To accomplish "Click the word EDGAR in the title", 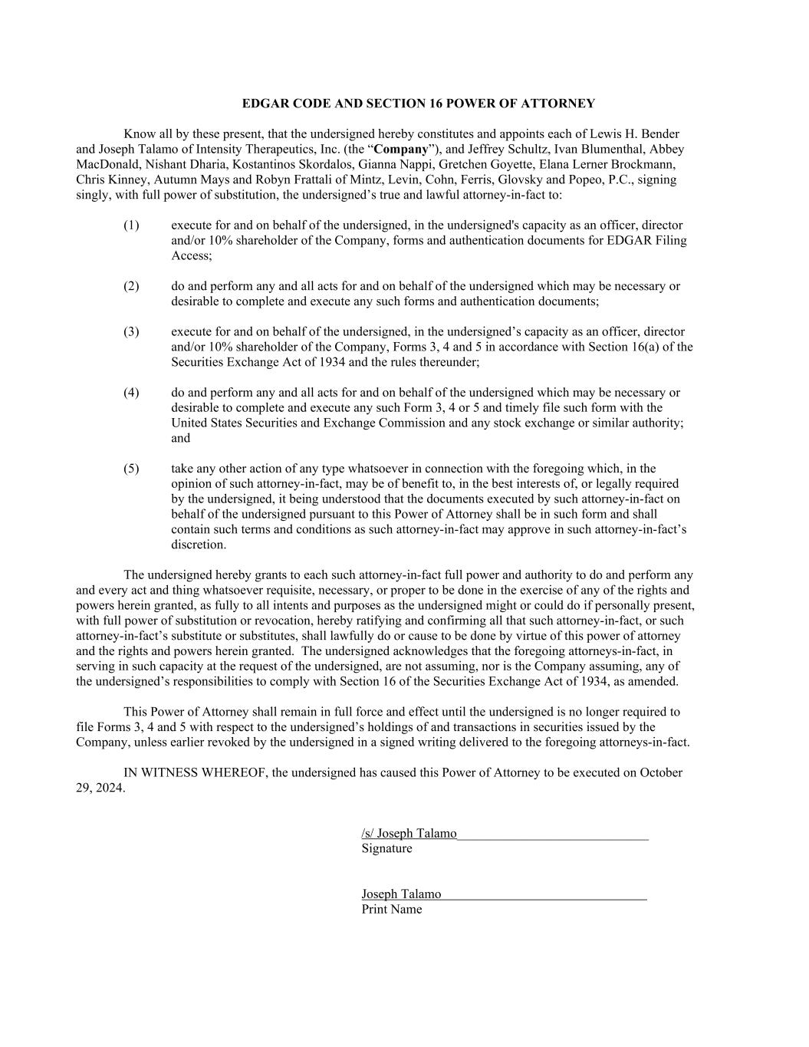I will [x=264, y=104].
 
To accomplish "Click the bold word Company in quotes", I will [x=400, y=149].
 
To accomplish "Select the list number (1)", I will [x=131, y=226].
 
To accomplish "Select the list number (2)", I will [x=131, y=286].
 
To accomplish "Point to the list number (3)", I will [x=131, y=331].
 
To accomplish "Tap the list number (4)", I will [x=131, y=393].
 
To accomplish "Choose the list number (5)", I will [x=131, y=469].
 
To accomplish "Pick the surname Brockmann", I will [x=646, y=164].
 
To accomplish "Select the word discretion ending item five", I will [x=199, y=545].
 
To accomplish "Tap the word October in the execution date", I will [x=660, y=772].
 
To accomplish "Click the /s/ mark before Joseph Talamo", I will [x=367, y=834].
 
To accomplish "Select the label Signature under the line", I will [x=386, y=848].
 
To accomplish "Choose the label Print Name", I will [x=391, y=909].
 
